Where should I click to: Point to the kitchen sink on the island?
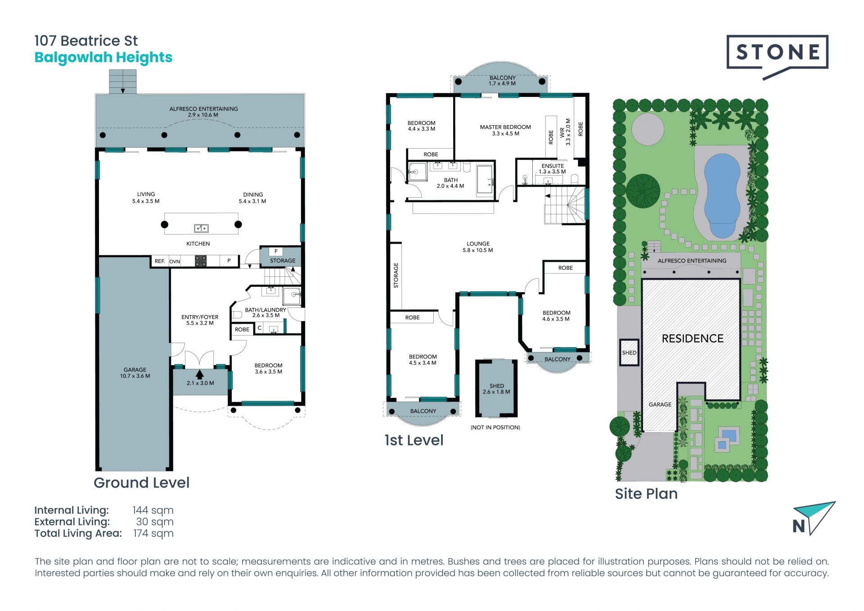pyautogui.click(x=201, y=228)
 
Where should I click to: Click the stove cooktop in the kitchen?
pyautogui.click(x=201, y=261)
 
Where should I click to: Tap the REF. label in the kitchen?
pyautogui.click(x=160, y=261)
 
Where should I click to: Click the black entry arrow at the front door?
pyautogui.click(x=200, y=374)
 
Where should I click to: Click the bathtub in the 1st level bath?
pyautogui.click(x=485, y=180)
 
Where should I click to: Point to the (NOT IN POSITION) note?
pyautogui.click(x=495, y=427)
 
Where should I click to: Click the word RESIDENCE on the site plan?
pyautogui.click(x=693, y=339)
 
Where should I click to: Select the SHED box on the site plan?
pyautogui.click(x=629, y=352)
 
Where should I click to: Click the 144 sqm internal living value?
pyautogui.click(x=153, y=511)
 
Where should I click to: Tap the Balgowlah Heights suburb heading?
pyautogui.click(x=103, y=58)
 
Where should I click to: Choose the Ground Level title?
pyautogui.click(x=141, y=483)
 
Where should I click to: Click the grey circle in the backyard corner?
pyautogui.click(x=648, y=129)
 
